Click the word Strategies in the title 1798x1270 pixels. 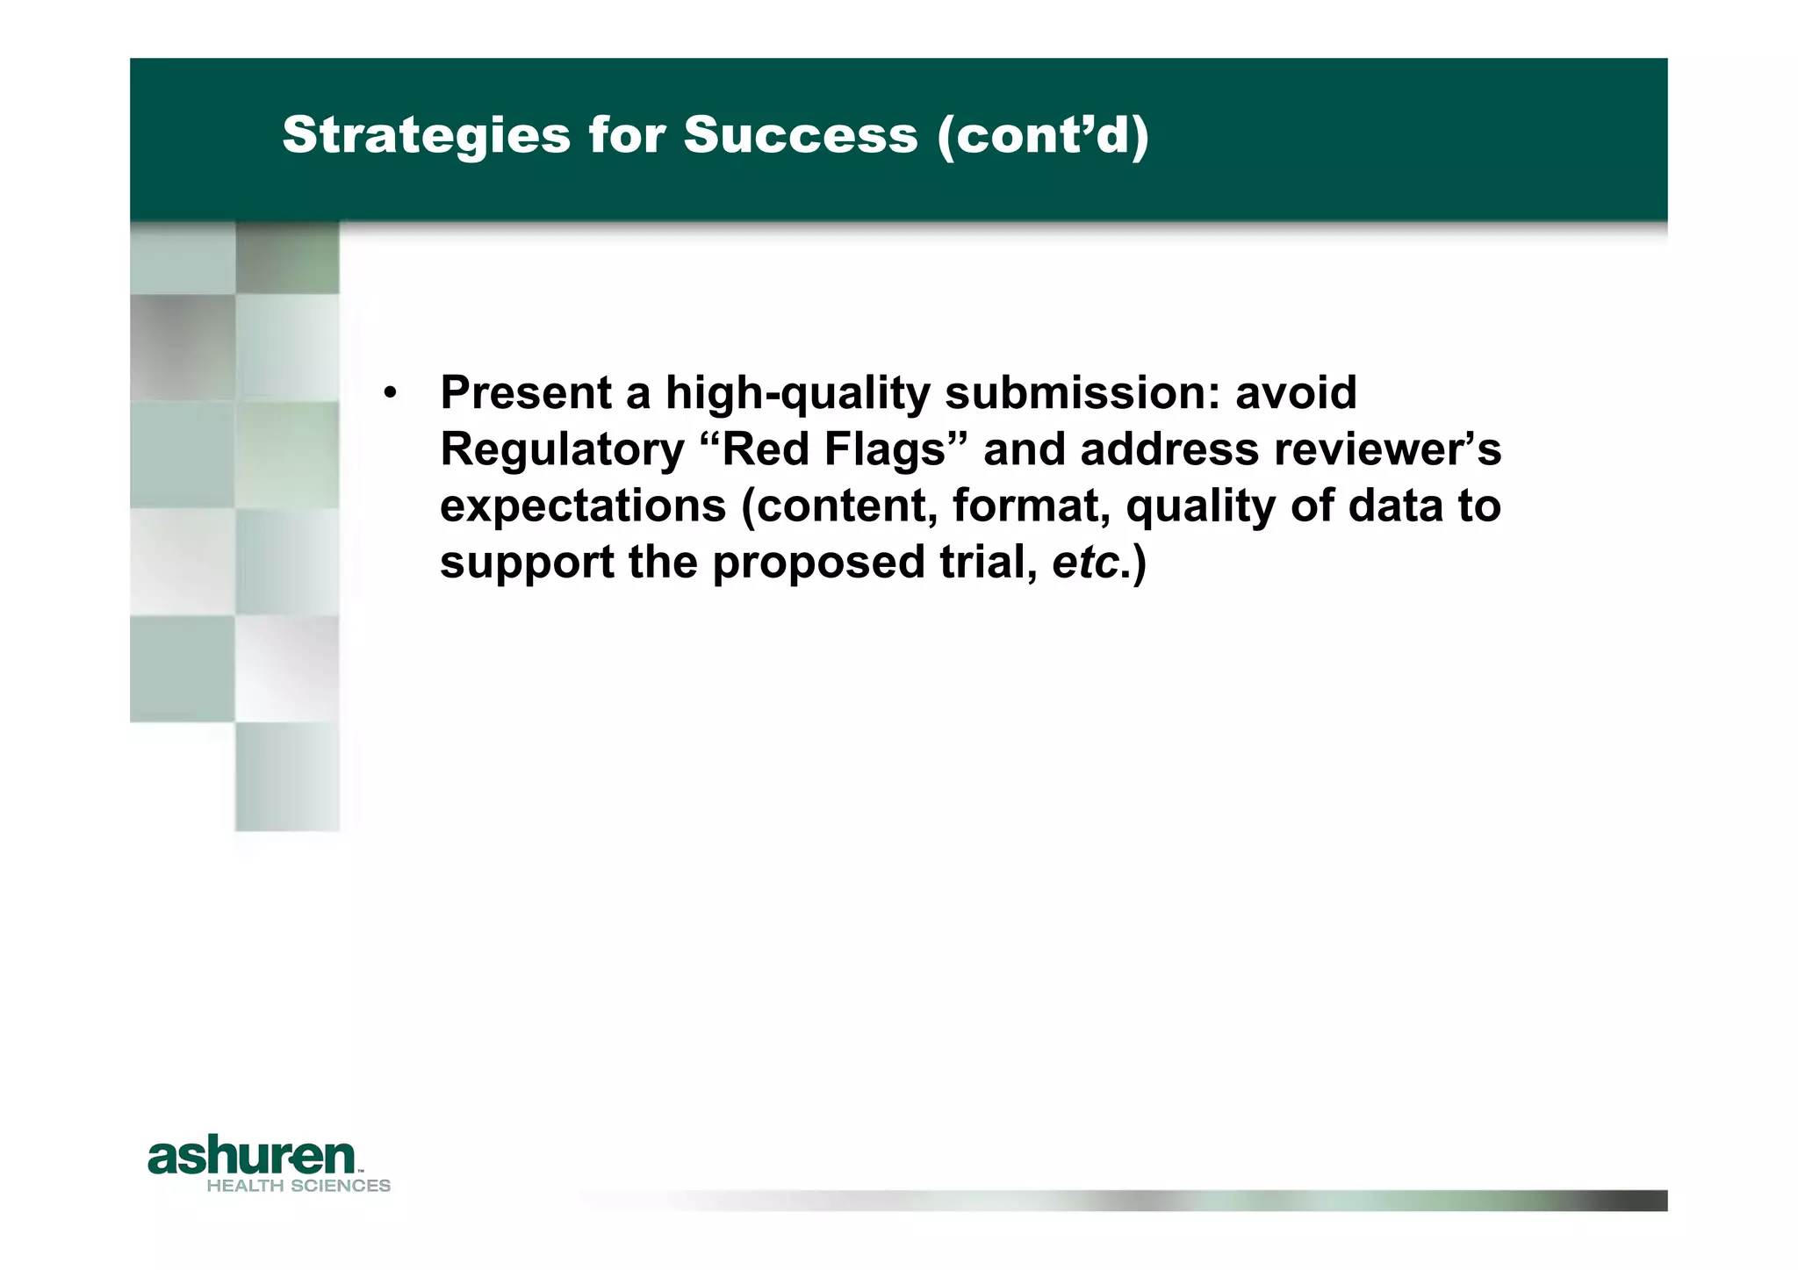click(426, 136)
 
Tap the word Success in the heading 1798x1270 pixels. click(800, 136)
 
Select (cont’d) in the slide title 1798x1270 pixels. click(1042, 136)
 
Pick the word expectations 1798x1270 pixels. click(583, 506)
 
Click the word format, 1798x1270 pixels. click(1031, 506)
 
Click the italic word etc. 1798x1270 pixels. click(1085, 563)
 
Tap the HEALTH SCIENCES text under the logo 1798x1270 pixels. click(298, 1186)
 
